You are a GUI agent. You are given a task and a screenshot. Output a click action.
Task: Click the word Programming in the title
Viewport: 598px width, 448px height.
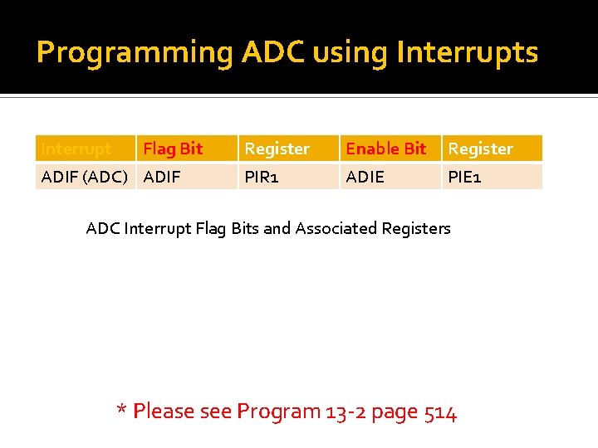135,53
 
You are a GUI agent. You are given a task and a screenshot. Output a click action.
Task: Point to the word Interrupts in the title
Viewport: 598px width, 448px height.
468,53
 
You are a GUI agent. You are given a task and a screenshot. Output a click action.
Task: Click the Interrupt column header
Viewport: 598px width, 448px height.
76,149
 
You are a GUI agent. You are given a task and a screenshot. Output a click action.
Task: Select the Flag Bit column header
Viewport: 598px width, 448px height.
173,149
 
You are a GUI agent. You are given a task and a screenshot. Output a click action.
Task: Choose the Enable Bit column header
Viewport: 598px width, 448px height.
385,149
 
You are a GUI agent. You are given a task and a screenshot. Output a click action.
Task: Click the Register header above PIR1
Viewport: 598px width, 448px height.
277,149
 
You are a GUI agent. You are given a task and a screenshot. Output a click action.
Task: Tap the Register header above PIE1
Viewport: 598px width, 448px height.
480,149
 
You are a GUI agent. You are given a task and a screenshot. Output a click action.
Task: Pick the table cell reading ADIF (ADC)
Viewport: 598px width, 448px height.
84,177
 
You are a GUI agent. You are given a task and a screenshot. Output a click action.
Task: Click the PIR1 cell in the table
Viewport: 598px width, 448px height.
261,177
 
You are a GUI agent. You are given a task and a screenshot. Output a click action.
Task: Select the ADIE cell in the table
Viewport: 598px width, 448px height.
365,177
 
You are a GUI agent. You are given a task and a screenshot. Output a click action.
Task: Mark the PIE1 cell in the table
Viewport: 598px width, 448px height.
464,177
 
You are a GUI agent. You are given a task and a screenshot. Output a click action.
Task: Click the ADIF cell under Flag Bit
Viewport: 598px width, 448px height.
162,177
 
